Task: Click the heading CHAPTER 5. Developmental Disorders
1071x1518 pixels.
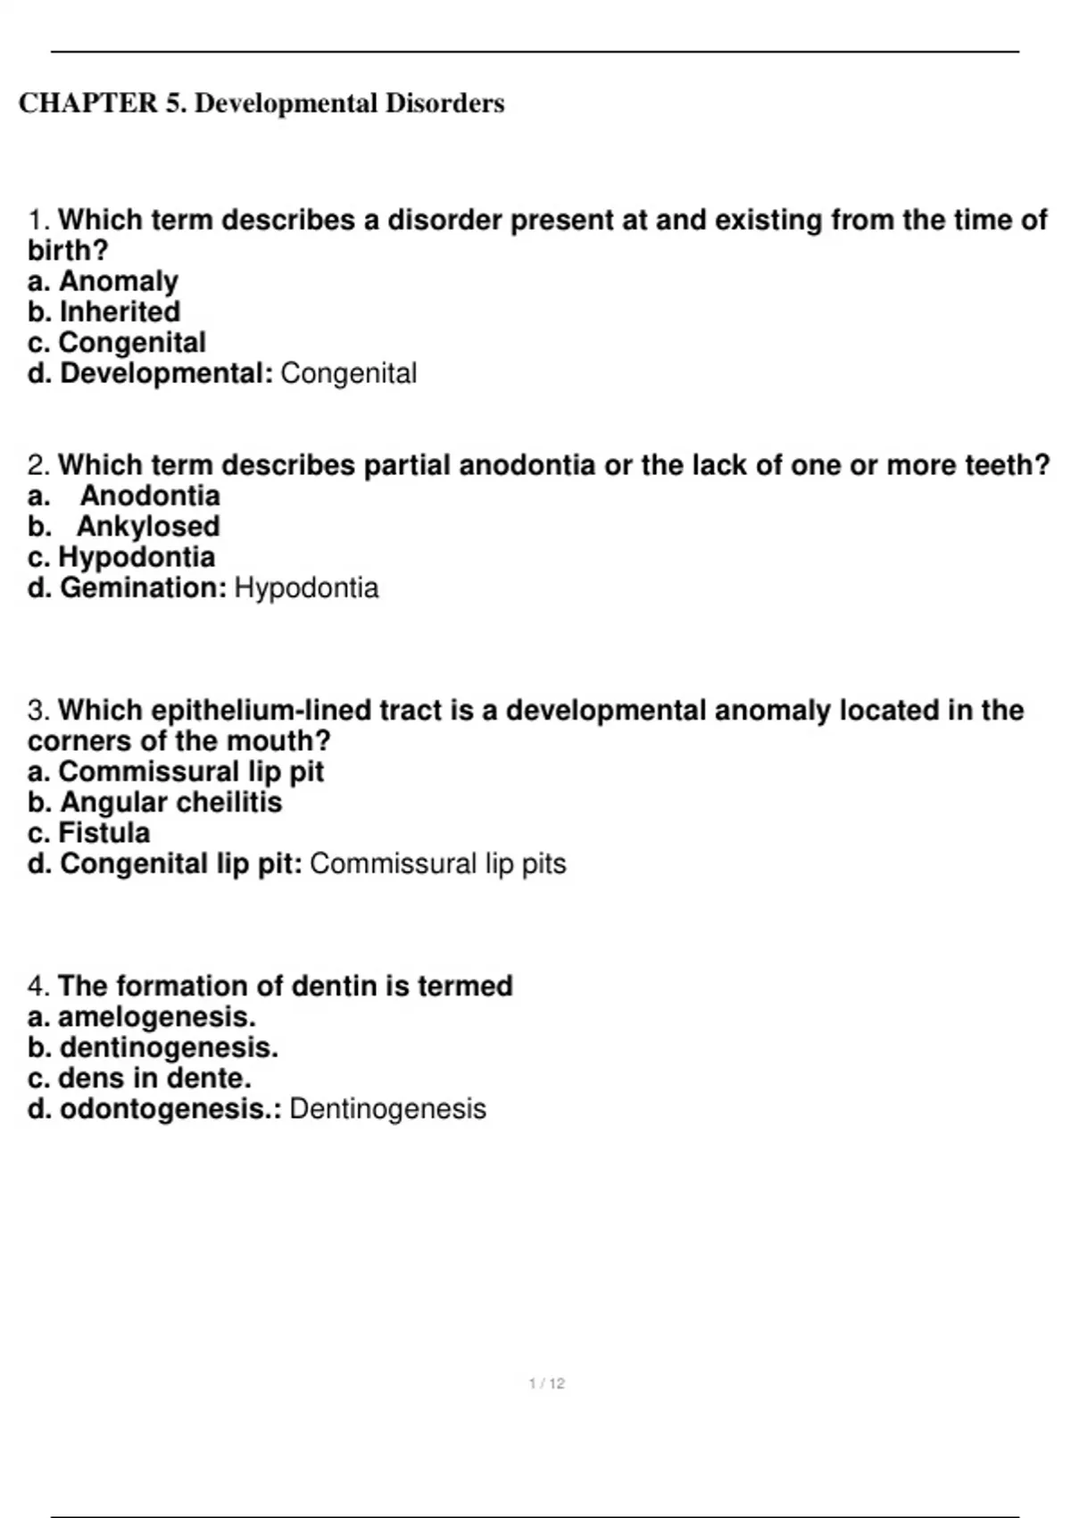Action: coord(262,104)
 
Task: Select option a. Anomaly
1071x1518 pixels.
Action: coord(103,281)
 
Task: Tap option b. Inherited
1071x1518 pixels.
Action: coord(104,312)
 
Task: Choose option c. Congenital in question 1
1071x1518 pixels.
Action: coord(117,342)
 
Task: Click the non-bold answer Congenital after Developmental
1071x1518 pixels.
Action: coord(348,373)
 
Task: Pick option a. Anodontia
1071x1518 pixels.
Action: coord(124,496)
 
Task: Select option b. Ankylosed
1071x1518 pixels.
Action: coord(124,526)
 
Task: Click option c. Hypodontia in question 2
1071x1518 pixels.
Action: coord(121,557)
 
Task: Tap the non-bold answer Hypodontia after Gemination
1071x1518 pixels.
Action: coord(306,588)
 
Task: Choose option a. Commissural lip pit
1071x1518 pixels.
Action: coord(176,772)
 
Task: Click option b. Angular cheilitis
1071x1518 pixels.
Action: coord(154,802)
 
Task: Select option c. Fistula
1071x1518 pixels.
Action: coord(89,833)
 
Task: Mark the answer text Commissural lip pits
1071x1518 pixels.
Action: coord(437,863)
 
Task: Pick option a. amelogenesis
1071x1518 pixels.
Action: coord(142,1017)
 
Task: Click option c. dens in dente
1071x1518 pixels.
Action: coord(140,1078)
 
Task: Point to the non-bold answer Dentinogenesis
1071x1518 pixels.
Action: coord(387,1109)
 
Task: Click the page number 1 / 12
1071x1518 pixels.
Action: coord(547,1383)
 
